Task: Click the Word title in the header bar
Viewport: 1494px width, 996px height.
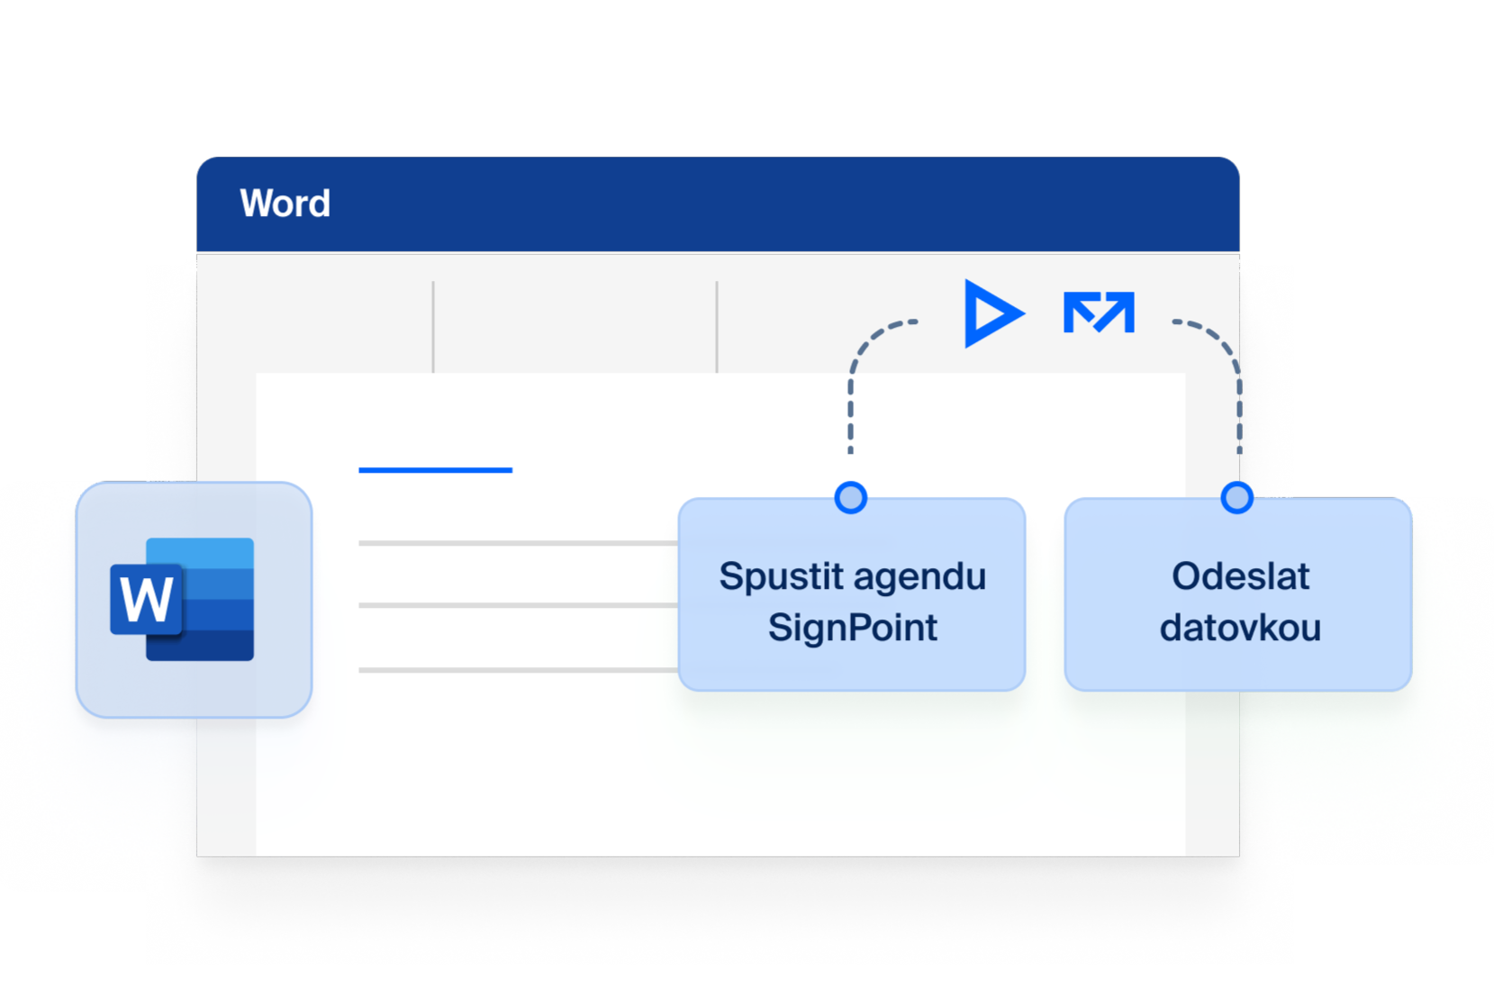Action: (285, 203)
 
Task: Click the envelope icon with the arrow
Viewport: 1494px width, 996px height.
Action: (1099, 312)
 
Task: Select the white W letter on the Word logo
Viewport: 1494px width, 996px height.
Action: (146, 598)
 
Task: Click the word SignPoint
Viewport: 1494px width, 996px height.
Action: (853, 628)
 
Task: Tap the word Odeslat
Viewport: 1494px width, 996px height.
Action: (1241, 576)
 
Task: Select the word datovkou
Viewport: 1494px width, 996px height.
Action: (1241, 628)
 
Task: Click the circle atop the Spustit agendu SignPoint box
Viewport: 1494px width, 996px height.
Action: (850, 498)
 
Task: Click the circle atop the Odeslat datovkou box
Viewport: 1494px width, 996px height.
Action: (1236, 498)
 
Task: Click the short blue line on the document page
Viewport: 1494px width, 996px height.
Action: (436, 470)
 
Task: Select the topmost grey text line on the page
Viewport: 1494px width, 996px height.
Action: (518, 543)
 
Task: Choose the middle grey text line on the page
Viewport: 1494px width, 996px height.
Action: (518, 606)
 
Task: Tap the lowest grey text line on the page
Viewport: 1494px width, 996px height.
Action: (518, 670)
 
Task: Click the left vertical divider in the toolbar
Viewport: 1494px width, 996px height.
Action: (433, 327)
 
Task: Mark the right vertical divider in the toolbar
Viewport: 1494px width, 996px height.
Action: (717, 327)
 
